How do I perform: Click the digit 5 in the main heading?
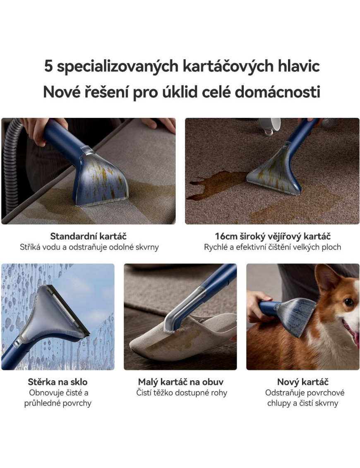click(x=48, y=66)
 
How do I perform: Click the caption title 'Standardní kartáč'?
click(x=89, y=236)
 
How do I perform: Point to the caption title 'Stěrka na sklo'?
click(x=58, y=382)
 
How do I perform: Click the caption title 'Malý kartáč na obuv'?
click(x=180, y=382)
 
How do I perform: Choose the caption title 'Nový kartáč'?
click(x=302, y=382)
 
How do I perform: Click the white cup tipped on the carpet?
click(x=269, y=126)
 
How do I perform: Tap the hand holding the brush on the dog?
click(x=258, y=305)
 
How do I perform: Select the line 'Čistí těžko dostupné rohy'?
click(x=182, y=393)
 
